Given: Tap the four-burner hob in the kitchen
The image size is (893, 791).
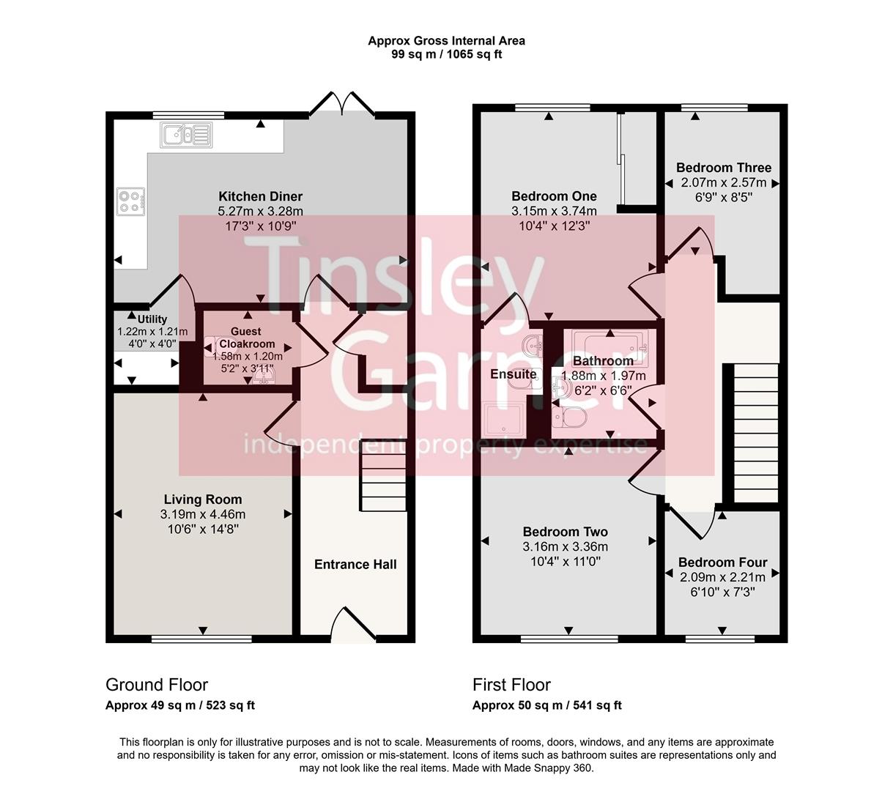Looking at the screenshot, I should pos(130,201).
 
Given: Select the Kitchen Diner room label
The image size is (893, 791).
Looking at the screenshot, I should pos(260,196).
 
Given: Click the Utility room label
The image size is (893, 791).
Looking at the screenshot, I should pos(152,319).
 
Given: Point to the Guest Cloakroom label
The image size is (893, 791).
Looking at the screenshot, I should pos(248,338).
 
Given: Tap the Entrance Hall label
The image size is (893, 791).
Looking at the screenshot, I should pos(355,564).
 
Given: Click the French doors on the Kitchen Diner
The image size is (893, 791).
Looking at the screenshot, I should pos(343,105).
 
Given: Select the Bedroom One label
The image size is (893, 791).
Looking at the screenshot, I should pos(554,196).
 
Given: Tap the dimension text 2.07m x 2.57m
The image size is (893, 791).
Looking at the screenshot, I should pos(723,182).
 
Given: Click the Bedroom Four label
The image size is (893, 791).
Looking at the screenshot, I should pos(722,562).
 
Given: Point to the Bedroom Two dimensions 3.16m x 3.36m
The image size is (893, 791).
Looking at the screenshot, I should pos(565,546).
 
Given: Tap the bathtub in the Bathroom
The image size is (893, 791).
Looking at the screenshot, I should pos(609,344).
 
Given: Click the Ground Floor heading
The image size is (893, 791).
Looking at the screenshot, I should pos(157,685).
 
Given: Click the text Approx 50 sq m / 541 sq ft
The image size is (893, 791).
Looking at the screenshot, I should pos(546,705).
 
